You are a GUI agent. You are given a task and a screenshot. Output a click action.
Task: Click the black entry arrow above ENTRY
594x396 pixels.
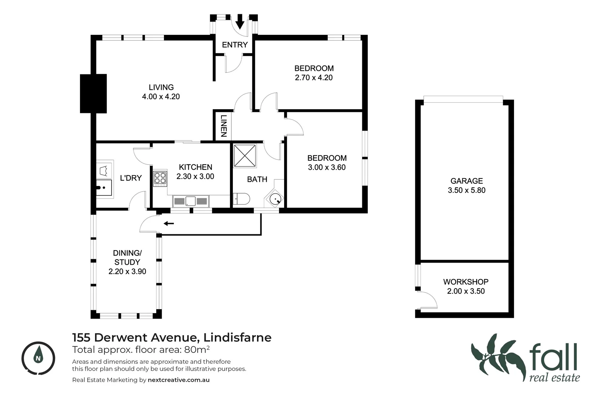240,22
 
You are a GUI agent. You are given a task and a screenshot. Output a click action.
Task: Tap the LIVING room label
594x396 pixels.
161,87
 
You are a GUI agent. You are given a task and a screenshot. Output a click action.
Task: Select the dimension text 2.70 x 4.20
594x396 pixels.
313,78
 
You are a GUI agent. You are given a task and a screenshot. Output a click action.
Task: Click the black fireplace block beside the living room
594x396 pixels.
93,93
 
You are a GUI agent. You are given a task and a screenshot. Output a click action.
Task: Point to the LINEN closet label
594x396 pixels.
223,126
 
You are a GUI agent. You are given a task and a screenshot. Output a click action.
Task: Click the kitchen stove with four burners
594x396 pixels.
160,179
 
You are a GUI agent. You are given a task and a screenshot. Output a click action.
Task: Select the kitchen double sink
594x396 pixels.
191,201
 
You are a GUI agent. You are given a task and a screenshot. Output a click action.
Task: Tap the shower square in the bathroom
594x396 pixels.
245,155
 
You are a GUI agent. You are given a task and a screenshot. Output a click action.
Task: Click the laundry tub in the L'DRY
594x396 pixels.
104,189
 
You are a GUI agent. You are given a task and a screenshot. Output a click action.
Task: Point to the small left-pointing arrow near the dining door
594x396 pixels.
169,223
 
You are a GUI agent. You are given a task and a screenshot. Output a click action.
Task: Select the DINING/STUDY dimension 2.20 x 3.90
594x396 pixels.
127,272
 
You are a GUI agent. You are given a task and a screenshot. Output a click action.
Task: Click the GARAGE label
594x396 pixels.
466,181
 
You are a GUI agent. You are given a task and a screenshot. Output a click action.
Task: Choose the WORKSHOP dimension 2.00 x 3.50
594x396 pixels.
466,291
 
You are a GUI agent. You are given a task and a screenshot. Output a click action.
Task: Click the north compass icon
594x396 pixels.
38,358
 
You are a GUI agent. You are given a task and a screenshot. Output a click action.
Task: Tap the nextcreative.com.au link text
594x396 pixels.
179,380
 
